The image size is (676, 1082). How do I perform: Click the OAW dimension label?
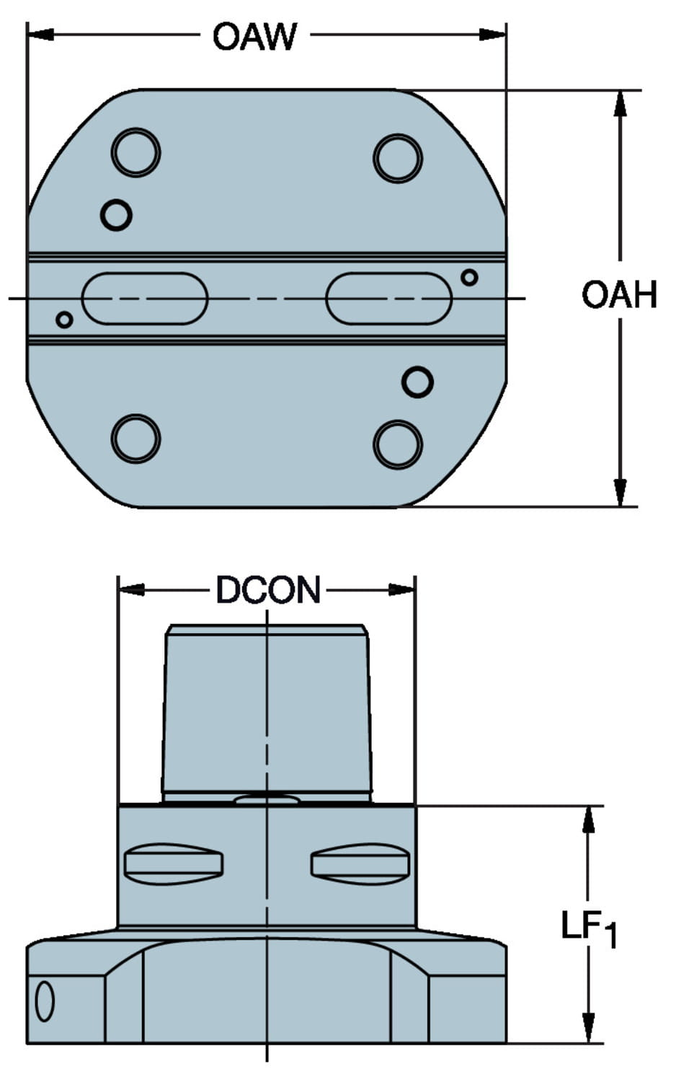[254, 36]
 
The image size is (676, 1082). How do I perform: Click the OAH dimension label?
[619, 295]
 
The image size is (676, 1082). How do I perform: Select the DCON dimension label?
[268, 590]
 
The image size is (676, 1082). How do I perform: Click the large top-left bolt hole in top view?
[135, 152]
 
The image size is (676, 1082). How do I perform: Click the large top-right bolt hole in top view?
[398, 158]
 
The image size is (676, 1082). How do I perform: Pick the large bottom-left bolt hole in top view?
[135, 439]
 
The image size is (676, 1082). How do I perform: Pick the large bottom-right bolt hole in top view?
[398, 444]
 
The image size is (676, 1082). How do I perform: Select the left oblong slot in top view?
[145, 298]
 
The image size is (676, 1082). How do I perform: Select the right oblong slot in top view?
[388, 298]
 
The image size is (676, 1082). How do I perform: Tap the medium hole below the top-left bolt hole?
[116, 214]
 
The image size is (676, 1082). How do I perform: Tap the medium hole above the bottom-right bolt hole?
[417, 382]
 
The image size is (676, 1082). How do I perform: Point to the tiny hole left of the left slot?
[64, 320]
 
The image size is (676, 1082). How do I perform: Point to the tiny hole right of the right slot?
[469, 277]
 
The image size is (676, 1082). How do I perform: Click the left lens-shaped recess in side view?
[174, 863]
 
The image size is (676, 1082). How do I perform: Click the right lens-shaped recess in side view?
[360, 863]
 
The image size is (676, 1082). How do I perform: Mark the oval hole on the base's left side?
[45, 1000]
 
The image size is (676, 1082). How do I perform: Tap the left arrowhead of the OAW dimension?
[40, 34]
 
